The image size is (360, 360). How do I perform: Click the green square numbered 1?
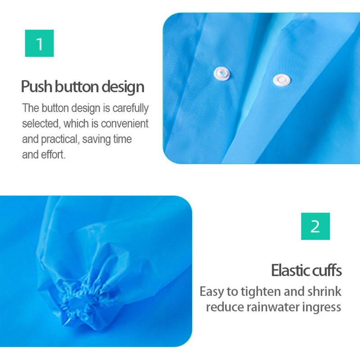39,43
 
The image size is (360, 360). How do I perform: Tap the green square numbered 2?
315,226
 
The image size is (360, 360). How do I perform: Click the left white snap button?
222,73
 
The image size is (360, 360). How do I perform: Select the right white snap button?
282,80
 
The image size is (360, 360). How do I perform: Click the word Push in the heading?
36,86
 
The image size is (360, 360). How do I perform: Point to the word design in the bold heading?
123,87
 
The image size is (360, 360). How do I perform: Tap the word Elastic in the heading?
290,270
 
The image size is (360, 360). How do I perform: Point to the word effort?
53,154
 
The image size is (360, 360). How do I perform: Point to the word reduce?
225,307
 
